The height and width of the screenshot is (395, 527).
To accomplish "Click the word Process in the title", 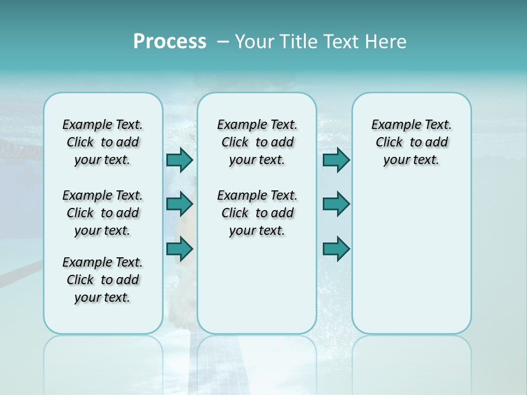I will click(170, 42).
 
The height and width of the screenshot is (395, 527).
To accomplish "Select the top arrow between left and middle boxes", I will click(180, 160).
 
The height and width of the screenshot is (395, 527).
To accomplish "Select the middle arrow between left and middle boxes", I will click(180, 204).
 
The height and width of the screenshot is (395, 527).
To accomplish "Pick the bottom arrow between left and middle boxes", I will click(180, 249).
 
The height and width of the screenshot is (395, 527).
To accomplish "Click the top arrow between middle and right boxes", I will click(336, 160).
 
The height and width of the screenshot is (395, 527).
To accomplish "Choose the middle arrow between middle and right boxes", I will click(336, 204).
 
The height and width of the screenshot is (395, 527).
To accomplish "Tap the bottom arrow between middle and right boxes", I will click(336, 249).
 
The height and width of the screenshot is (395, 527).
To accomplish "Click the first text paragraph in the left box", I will click(103, 142).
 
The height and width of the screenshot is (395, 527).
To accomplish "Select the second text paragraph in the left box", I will click(103, 213).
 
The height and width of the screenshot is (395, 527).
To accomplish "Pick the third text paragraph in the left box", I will click(103, 280).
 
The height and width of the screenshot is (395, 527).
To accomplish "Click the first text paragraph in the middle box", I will click(257, 142).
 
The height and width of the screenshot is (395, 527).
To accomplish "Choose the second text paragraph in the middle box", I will click(257, 213).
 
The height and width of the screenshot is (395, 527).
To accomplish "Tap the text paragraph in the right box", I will click(411, 142).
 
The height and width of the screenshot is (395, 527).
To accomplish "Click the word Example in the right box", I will click(392, 125).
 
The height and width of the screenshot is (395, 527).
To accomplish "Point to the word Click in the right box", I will click(389, 143).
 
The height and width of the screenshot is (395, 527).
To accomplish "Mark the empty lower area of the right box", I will click(411, 258).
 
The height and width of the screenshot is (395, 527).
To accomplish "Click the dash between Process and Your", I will click(223, 42).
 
